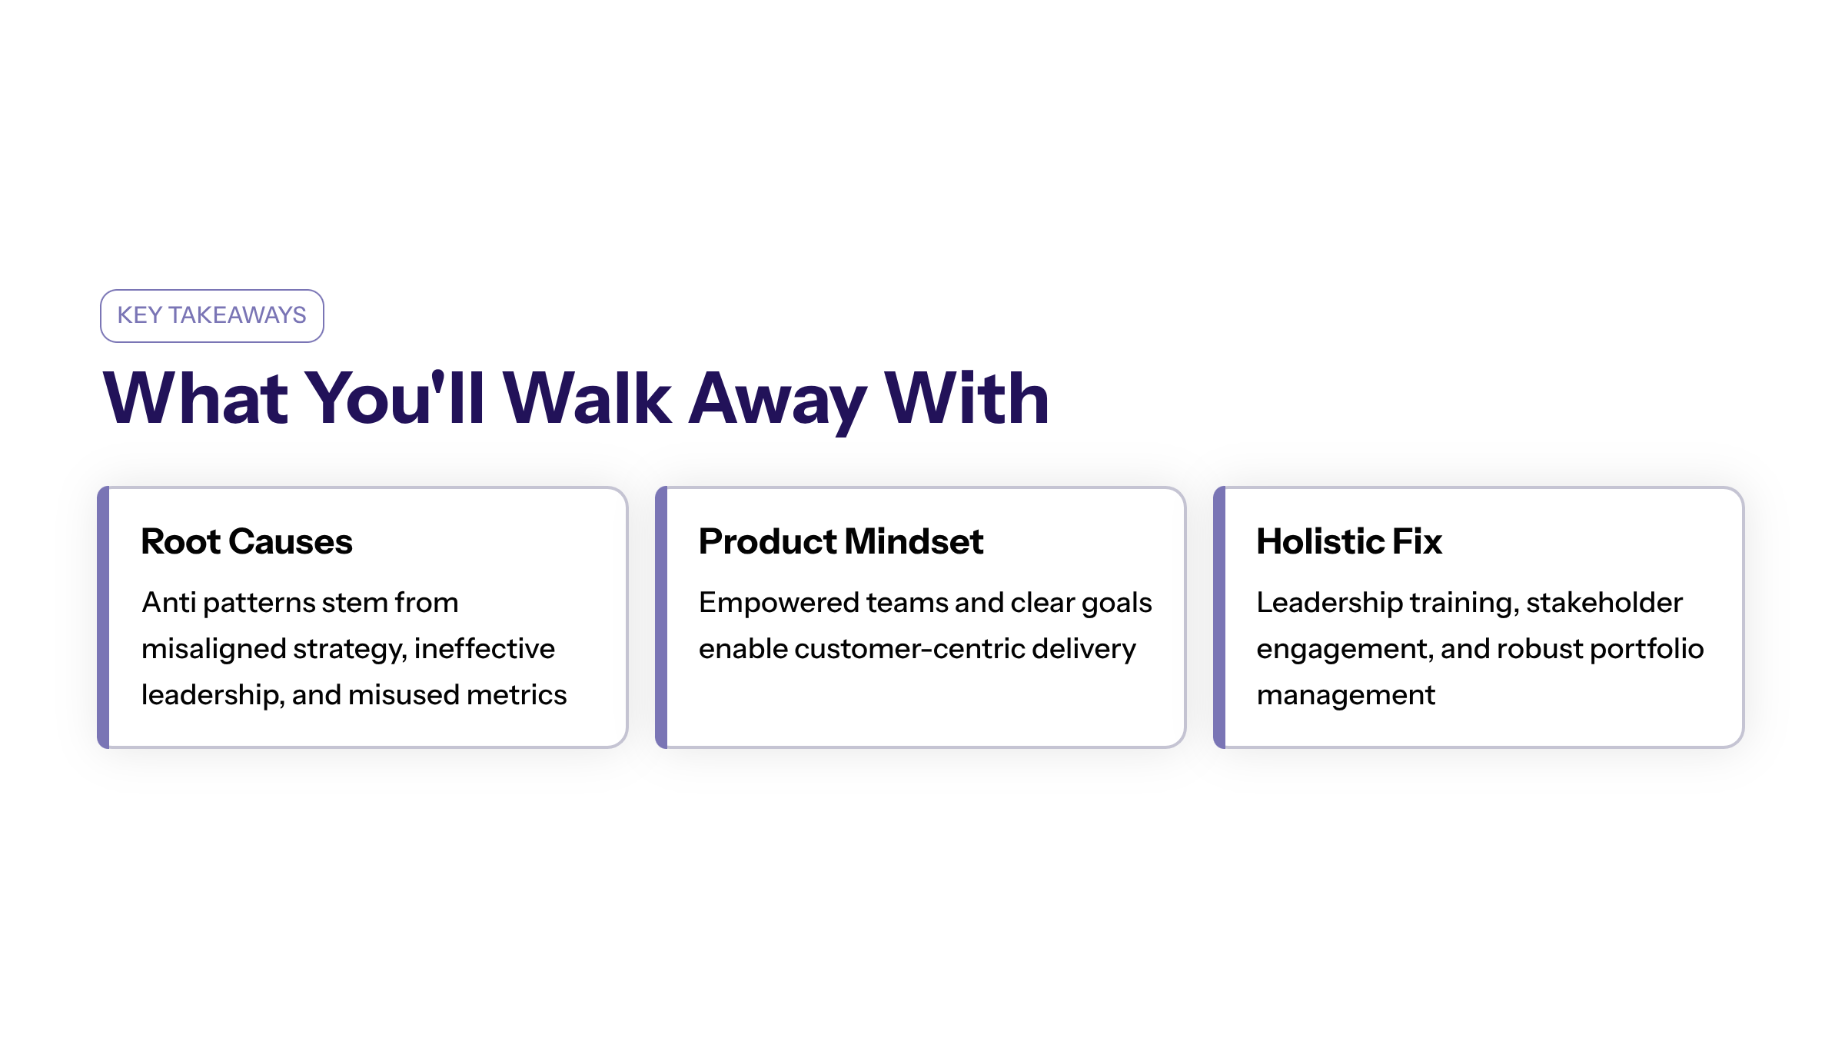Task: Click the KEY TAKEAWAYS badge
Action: click(x=211, y=315)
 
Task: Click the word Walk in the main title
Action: click(x=587, y=398)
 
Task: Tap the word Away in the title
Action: click(x=777, y=401)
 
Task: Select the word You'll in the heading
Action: click(x=394, y=398)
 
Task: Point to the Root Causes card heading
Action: click(x=247, y=541)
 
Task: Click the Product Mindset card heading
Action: click(x=841, y=541)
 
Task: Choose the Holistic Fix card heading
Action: click(x=1349, y=541)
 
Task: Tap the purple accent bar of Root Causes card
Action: click(x=103, y=617)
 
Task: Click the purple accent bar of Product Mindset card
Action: click(x=661, y=617)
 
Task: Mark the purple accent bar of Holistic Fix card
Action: click(x=1219, y=617)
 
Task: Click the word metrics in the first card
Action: click(x=517, y=695)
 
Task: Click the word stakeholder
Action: click(x=1604, y=603)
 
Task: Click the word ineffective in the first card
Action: click(x=484, y=649)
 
